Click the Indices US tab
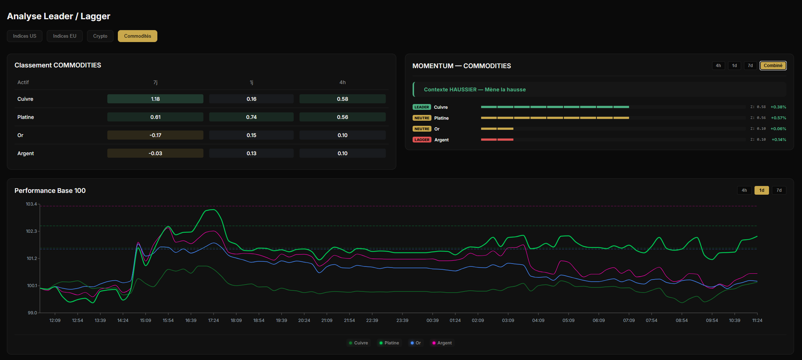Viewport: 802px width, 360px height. pos(25,36)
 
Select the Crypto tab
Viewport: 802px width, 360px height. pos(100,36)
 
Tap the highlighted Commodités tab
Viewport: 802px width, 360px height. pos(137,36)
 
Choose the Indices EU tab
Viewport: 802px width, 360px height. pos(65,36)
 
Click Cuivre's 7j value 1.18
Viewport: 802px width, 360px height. pos(155,99)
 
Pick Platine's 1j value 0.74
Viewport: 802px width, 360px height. pos(251,117)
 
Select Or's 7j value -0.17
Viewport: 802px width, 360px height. pos(155,135)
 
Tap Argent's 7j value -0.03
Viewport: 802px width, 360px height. pos(155,153)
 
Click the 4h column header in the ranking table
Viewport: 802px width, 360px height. pos(342,82)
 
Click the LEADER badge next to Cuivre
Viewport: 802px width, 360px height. pos(422,107)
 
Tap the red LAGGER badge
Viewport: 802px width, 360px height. pos(422,140)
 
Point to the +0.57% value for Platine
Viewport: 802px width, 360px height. pos(778,118)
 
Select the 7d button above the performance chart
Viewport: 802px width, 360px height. pos(779,190)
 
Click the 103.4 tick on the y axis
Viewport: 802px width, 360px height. pos(31,204)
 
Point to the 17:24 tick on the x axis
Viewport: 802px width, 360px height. pos(214,320)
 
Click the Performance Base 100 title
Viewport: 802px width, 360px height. pos(50,191)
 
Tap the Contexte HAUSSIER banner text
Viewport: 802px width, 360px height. pos(475,90)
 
